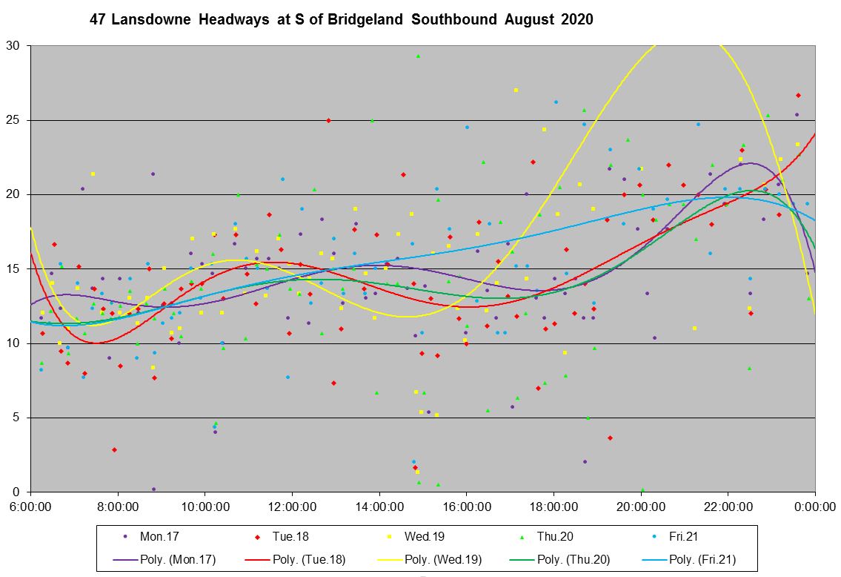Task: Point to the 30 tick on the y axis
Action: click(x=15, y=46)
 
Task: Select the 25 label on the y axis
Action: click(x=15, y=120)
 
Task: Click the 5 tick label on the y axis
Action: click(x=18, y=418)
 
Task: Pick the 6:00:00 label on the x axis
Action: click(x=30, y=506)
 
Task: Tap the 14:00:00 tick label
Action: click(x=379, y=506)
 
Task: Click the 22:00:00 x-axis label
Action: click(x=728, y=506)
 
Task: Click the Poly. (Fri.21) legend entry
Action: click(x=701, y=560)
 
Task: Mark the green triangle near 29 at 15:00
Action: click(x=418, y=56)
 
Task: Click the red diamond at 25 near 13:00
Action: click(x=328, y=120)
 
